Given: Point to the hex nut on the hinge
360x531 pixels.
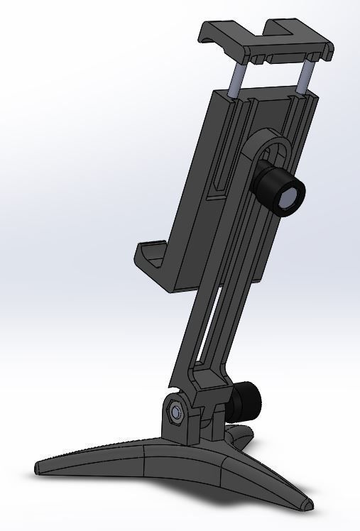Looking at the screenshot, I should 175,412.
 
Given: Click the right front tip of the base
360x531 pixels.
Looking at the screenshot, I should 307,505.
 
